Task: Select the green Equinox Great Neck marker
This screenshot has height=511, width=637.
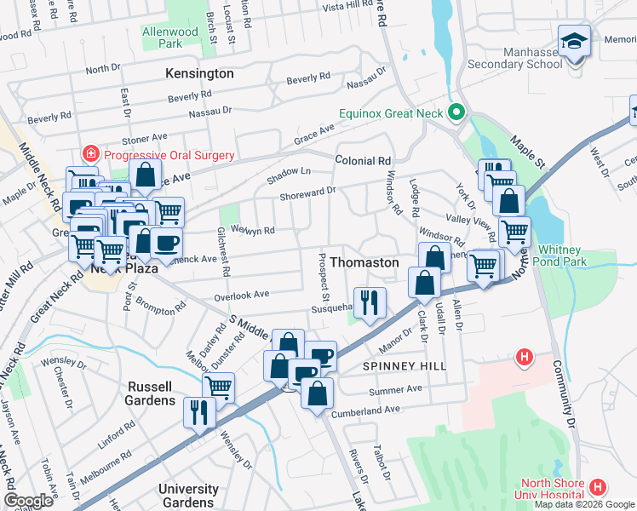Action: (x=456, y=112)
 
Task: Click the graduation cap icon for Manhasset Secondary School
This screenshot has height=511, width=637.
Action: (x=574, y=40)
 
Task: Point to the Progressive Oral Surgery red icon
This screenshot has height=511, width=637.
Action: (x=89, y=154)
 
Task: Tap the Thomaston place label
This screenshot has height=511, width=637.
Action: (x=364, y=262)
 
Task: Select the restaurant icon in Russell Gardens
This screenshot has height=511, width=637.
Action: (x=199, y=413)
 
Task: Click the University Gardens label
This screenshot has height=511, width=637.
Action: (x=188, y=495)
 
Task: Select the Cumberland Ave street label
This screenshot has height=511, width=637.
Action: (x=371, y=410)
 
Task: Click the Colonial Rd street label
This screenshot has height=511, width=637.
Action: (x=362, y=160)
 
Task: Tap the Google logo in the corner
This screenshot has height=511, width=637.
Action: (x=28, y=501)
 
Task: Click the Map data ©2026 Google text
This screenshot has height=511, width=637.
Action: (x=584, y=504)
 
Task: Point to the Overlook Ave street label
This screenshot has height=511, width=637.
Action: (x=242, y=294)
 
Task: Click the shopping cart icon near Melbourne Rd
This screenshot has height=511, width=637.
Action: (x=218, y=387)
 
